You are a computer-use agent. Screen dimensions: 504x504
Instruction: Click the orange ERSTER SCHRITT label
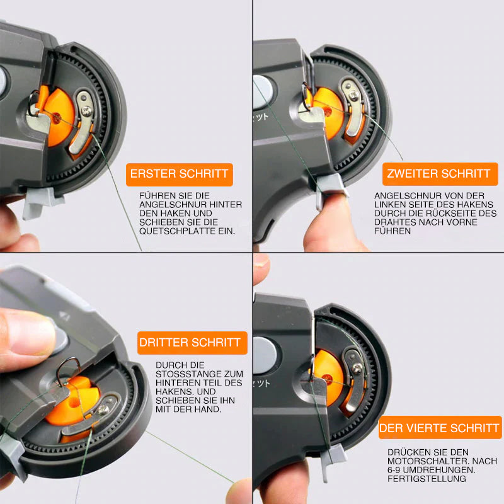pos(180,175)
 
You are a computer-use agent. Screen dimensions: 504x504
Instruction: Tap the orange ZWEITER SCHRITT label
pos(440,174)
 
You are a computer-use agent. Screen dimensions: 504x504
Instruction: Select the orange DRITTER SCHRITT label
pos(192,343)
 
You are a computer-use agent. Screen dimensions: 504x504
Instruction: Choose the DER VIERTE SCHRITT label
pos(440,428)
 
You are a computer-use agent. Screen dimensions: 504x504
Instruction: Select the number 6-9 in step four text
pos(394,469)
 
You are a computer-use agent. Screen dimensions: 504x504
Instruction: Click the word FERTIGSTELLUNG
pos(427,479)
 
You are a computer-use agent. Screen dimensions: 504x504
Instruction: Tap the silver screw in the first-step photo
pos(86,112)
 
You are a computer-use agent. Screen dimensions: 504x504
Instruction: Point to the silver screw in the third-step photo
pos(103,409)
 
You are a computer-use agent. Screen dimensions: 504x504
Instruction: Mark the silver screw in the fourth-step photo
pos(357,369)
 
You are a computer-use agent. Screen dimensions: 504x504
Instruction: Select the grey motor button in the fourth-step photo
pos(265,355)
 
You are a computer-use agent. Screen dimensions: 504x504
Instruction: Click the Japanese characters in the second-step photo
pos(261,117)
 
